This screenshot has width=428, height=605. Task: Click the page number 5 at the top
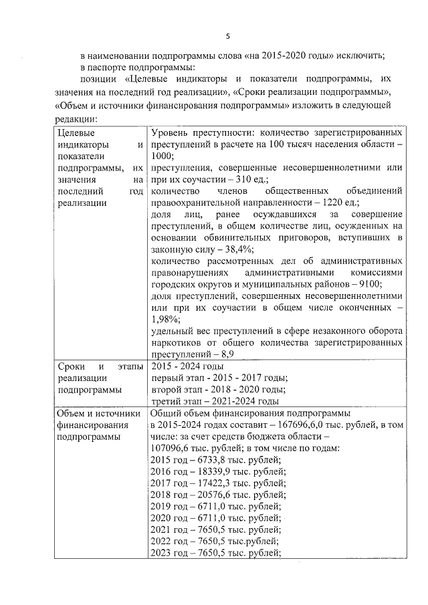click(x=227, y=35)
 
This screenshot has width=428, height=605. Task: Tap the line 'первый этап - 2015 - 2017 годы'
click(x=219, y=378)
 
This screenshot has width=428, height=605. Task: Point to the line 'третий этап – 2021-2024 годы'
click(x=215, y=401)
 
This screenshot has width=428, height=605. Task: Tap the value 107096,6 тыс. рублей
click(x=191, y=448)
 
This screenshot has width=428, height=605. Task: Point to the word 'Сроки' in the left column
click(x=71, y=366)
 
